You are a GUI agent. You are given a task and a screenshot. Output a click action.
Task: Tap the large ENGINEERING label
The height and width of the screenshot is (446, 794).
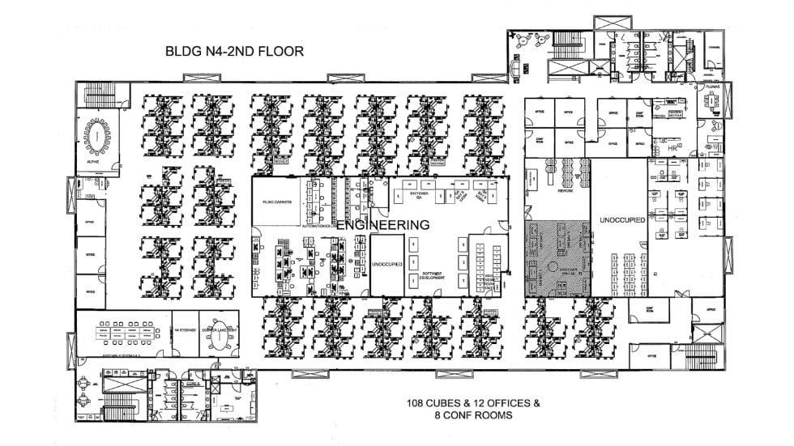[x=382, y=225]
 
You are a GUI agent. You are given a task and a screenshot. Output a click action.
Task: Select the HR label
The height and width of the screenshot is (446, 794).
[x=672, y=151]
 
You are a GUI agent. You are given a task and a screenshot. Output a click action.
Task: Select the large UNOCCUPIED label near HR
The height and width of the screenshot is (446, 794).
[x=621, y=220]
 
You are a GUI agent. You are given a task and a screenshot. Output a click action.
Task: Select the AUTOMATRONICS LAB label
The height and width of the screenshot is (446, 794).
[x=317, y=226]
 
